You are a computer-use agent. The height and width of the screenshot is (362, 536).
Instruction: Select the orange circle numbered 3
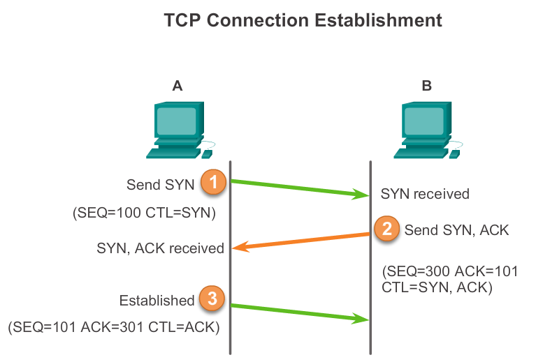click(212, 299)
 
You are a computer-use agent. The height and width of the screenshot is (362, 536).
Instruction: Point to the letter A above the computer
click(178, 86)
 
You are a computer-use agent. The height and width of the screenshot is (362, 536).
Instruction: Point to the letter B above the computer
click(427, 86)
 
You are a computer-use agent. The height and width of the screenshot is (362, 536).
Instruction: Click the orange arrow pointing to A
click(300, 241)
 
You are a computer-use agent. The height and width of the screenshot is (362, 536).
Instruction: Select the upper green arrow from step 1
click(300, 189)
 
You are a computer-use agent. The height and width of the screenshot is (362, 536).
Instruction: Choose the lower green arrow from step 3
click(300, 312)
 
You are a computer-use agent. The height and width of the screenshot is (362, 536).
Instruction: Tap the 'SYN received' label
click(425, 194)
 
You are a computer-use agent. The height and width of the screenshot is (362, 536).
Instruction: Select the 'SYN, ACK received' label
click(161, 248)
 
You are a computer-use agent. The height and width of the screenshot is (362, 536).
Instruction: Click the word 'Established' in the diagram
click(157, 301)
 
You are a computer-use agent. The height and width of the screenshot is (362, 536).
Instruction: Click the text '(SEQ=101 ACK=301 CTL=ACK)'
click(115, 326)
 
